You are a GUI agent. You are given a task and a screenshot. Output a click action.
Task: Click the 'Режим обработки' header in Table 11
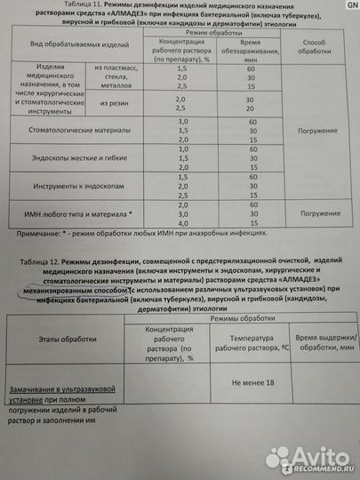coord(206,31)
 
